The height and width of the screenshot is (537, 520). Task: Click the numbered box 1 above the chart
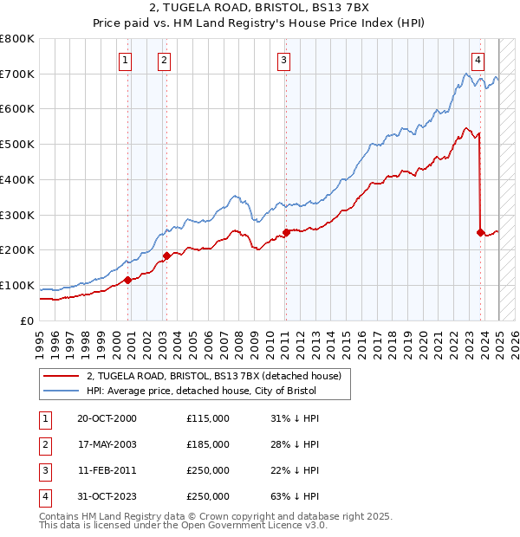[127, 60]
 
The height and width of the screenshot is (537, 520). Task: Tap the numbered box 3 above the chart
[284, 60]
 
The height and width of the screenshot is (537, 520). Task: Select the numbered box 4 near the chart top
[478, 60]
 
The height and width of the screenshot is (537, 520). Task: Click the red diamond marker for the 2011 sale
[286, 232]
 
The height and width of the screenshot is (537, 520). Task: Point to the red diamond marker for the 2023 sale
[480, 232]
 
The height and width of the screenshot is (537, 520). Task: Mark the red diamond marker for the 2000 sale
[127, 280]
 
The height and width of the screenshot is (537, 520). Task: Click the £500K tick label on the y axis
[17, 145]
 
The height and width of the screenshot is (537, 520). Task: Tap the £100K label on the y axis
[17, 285]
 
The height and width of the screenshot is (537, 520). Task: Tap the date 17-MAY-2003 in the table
[107, 444]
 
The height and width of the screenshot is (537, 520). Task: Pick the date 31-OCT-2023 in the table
[107, 496]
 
